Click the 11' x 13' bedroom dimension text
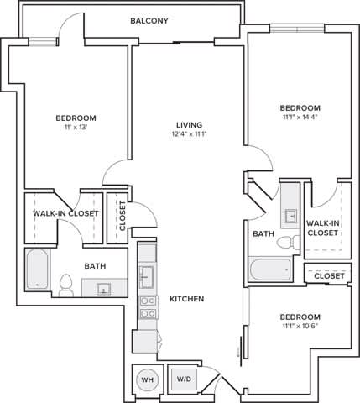[x=76, y=128]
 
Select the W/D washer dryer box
[x=183, y=379]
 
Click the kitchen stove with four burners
[x=148, y=307]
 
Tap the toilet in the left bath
[x=66, y=282]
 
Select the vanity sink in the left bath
[x=103, y=290]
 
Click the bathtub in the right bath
[x=270, y=270]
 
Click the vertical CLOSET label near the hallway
[x=123, y=214]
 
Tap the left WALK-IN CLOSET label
[x=65, y=213]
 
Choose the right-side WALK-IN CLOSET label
[x=323, y=228]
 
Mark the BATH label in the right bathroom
[x=263, y=233]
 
